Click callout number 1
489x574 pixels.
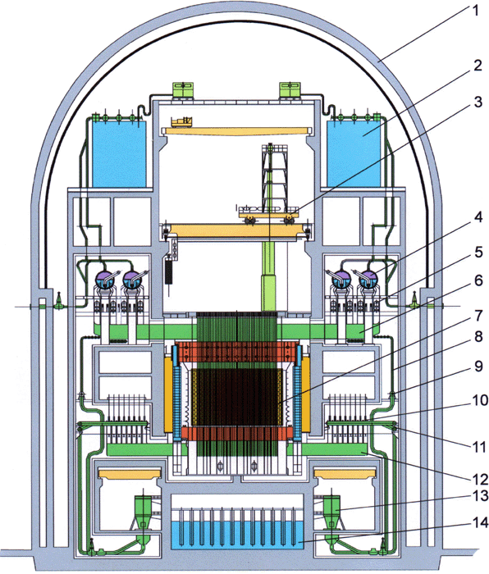click(475, 11)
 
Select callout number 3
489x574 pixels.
click(478, 102)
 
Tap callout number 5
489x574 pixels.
click(478, 253)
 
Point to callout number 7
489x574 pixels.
click(478, 316)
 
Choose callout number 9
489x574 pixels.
click(478, 366)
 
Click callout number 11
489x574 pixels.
click(478, 447)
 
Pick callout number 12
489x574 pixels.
click(479, 479)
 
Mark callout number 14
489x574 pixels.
click(480, 522)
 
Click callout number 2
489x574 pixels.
click(478, 66)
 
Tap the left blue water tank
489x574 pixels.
click(120, 154)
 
